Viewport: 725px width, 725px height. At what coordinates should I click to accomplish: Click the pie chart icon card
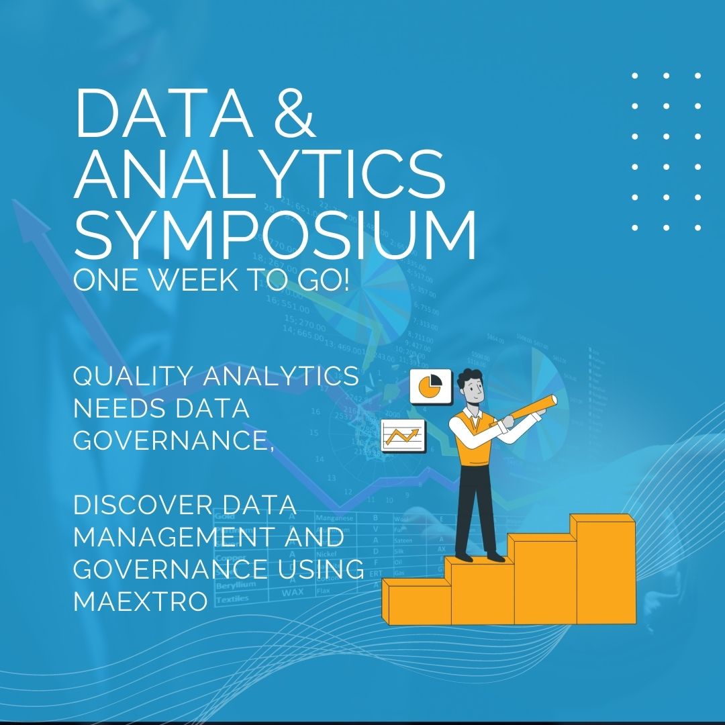click(430, 386)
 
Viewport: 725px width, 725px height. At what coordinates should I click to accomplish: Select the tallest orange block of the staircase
click(602, 571)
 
